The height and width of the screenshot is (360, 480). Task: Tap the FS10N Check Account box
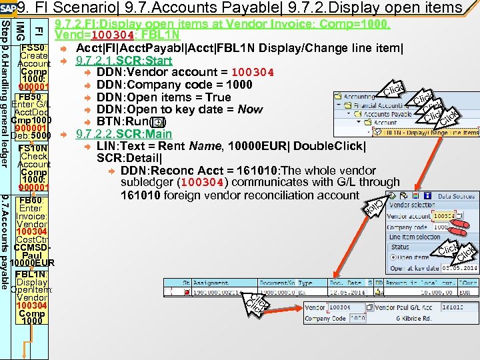click(x=33, y=169)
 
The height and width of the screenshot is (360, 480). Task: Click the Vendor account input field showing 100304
click(x=445, y=216)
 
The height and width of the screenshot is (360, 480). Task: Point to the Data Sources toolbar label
click(x=455, y=197)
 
